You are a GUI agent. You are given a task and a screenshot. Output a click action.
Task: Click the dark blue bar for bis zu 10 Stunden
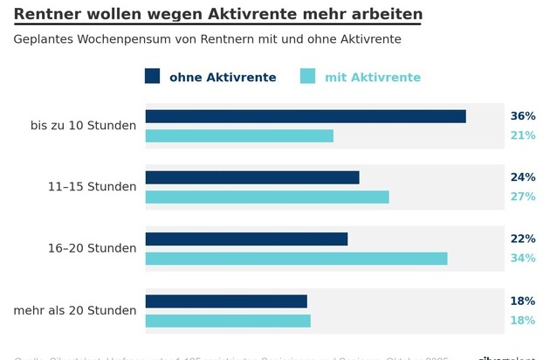click(x=306, y=116)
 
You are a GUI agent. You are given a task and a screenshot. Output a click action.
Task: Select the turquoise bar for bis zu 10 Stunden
click(x=239, y=135)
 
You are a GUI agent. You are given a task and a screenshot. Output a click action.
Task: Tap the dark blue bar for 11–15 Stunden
click(x=252, y=177)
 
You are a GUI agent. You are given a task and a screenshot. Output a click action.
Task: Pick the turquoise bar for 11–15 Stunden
click(x=267, y=197)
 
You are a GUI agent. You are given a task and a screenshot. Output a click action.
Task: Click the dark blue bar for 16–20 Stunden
click(x=246, y=239)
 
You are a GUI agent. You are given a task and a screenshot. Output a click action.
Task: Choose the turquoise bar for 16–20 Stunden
click(x=296, y=258)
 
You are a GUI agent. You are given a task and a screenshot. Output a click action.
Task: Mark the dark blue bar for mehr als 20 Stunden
click(x=226, y=301)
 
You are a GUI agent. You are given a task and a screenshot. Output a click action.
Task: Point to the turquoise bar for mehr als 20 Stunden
click(x=228, y=321)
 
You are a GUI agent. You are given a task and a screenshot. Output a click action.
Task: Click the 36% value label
click(x=522, y=116)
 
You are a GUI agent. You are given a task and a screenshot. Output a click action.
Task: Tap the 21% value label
click(x=522, y=135)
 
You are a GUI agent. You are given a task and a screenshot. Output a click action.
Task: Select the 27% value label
click(x=522, y=197)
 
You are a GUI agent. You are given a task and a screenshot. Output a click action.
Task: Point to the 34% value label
click(x=522, y=258)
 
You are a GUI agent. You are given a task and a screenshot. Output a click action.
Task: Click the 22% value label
click(x=522, y=239)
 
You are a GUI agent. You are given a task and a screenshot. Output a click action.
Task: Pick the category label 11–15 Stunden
click(x=93, y=187)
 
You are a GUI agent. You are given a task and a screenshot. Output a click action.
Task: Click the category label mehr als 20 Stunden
click(x=75, y=310)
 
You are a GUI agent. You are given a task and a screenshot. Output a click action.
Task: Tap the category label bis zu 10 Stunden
click(x=83, y=126)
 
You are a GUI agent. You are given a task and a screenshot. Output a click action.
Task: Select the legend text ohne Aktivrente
click(x=223, y=78)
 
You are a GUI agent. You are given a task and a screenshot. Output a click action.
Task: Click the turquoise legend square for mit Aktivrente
click(x=308, y=77)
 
